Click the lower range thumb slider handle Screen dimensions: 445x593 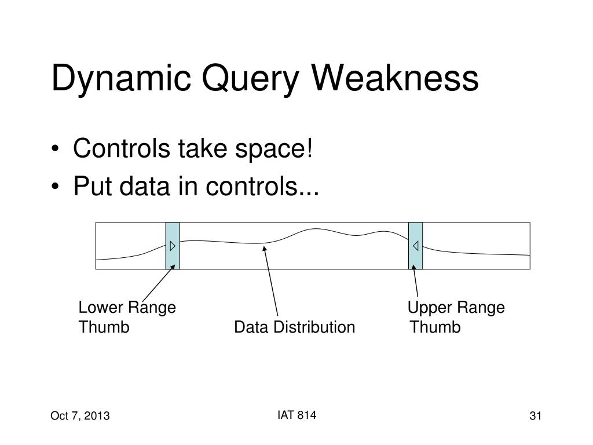pyautogui.click(x=173, y=246)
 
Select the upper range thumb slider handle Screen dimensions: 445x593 pyautogui.click(x=416, y=246)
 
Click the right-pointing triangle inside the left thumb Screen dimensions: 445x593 pyautogui.click(x=173, y=246)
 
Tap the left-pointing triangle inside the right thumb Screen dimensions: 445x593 pyautogui.click(x=416, y=246)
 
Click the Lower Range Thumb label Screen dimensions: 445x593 pyautogui.click(x=127, y=318)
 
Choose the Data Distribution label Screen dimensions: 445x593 pyautogui.click(x=294, y=328)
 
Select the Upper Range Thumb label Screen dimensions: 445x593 pyautogui.click(x=455, y=318)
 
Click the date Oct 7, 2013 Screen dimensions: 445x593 pyautogui.click(x=80, y=416)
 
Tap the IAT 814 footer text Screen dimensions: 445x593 pyautogui.click(x=296, y=414)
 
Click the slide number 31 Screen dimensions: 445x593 pyautogui.click(x=535, y=416)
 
